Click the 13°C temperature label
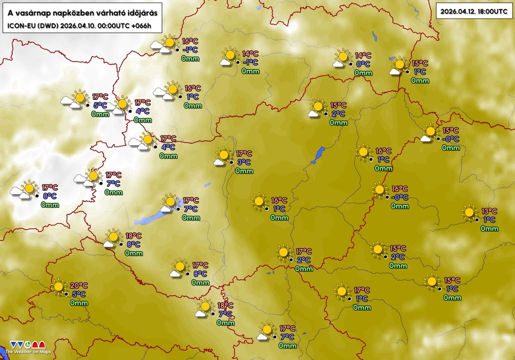[488, 211]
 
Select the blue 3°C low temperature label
[243, 162]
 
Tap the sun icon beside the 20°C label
[58, 287]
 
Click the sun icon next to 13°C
[469, 212]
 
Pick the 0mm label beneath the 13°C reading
[489, 228]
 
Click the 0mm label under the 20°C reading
[79, 302]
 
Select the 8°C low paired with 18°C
[133, 244]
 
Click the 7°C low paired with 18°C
[225, 314]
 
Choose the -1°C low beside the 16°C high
[189, 50]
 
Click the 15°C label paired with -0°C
[450, 130]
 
